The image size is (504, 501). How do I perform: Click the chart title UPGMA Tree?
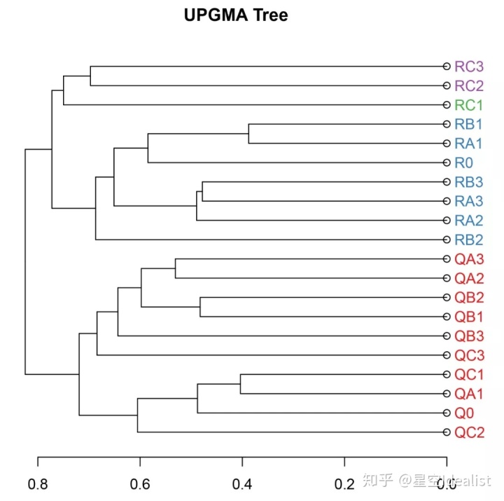(236, 15)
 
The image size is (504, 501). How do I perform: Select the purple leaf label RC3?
(469, 67)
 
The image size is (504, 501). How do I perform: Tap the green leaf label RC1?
(469, 105)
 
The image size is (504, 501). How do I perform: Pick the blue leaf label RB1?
(469, 125)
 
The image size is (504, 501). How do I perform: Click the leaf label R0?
(464, 163)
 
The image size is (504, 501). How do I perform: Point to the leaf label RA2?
(469, 220)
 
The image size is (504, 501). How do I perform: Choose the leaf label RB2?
(469, 240)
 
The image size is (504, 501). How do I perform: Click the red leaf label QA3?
(469, 259)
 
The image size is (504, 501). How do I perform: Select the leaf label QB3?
(469, 336)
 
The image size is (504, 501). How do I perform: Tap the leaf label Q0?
(464, 413)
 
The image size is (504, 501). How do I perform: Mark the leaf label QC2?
(469, 432)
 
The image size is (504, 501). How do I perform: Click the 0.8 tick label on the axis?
(38, 483)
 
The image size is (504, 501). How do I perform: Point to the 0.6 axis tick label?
(140, 483)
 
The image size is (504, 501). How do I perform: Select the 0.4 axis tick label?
(242, 483)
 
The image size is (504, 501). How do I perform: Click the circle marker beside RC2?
(446, 85)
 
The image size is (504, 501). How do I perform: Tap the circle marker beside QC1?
(446, 374)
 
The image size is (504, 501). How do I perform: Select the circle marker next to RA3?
(446, 201)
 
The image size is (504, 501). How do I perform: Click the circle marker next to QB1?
(446, 317)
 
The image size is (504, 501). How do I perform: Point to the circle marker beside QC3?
(446, 355)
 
